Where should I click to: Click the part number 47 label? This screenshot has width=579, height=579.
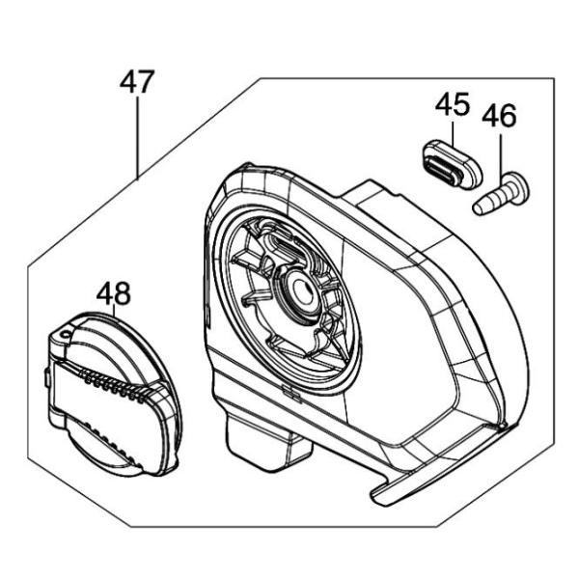point(137,82)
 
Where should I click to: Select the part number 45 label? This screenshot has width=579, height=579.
point(453,104)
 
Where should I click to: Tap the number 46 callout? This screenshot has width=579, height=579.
point(499,115)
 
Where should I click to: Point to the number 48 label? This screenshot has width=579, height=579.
point(113,293)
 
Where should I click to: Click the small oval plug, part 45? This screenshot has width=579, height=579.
point(452,164)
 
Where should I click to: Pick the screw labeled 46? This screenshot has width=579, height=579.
point(501,194)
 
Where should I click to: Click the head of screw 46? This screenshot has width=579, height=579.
point(517,187)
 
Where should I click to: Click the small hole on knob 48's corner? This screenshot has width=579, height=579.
point(67,335)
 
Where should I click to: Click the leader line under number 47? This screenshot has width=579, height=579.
point(137,137)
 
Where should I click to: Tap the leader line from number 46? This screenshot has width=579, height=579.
point(500,153)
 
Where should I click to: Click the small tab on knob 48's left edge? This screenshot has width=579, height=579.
point(47,377)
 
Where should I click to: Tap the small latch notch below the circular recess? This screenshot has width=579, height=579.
point(291,392)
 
